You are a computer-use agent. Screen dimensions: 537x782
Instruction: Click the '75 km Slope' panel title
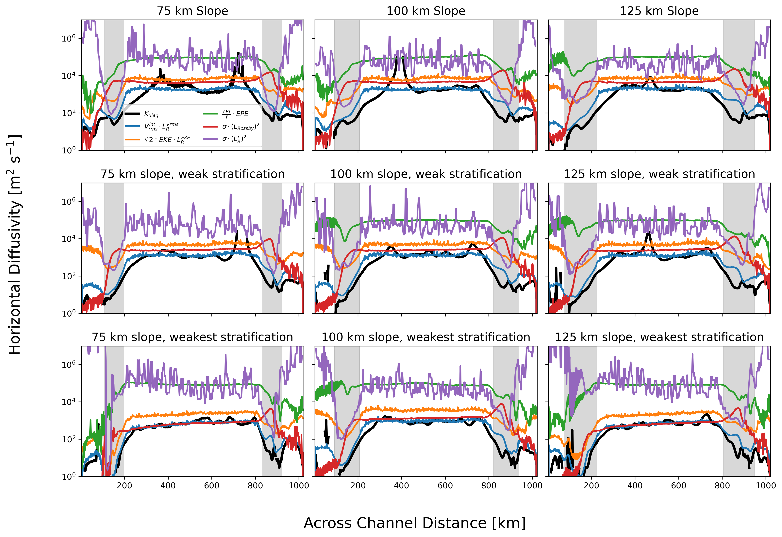click(192, 11)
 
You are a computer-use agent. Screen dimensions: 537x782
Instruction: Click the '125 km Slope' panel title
click(659, 11)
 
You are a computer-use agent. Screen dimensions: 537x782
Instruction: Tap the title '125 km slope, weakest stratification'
click(659, 337)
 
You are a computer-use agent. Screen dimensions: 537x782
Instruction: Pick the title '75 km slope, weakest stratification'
click(192, 337)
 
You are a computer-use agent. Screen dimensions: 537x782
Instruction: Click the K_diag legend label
click(151, 114)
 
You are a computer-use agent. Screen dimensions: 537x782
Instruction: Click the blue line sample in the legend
click(132, 126)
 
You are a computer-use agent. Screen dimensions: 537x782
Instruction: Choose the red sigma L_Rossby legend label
click(241, 127)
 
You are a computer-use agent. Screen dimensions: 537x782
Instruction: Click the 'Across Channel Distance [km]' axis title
click(415, 523)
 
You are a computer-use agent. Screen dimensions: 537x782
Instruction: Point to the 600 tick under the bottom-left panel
click(212, 485)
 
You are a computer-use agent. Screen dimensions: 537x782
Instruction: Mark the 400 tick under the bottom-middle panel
click(401, 485)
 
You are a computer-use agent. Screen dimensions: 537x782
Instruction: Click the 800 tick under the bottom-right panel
click(722, 485)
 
